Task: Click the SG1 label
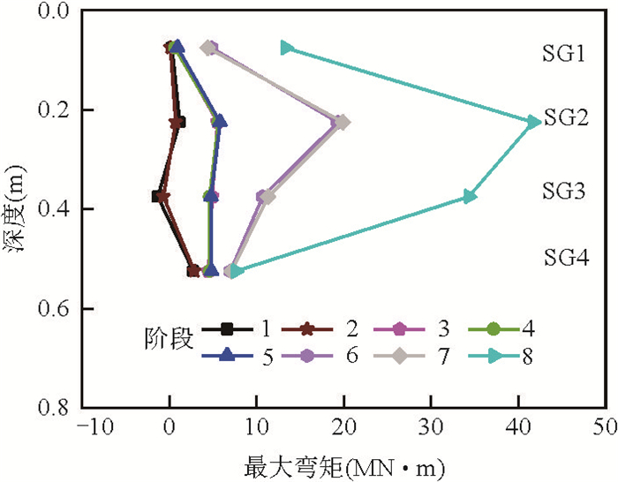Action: pos(564,55)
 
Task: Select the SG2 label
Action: pos(565,117)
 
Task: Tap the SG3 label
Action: pos(564,192)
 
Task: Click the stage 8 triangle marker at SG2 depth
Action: pos(533,122)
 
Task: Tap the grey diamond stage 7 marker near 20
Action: pos(343,122)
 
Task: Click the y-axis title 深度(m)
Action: pos(15,209)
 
